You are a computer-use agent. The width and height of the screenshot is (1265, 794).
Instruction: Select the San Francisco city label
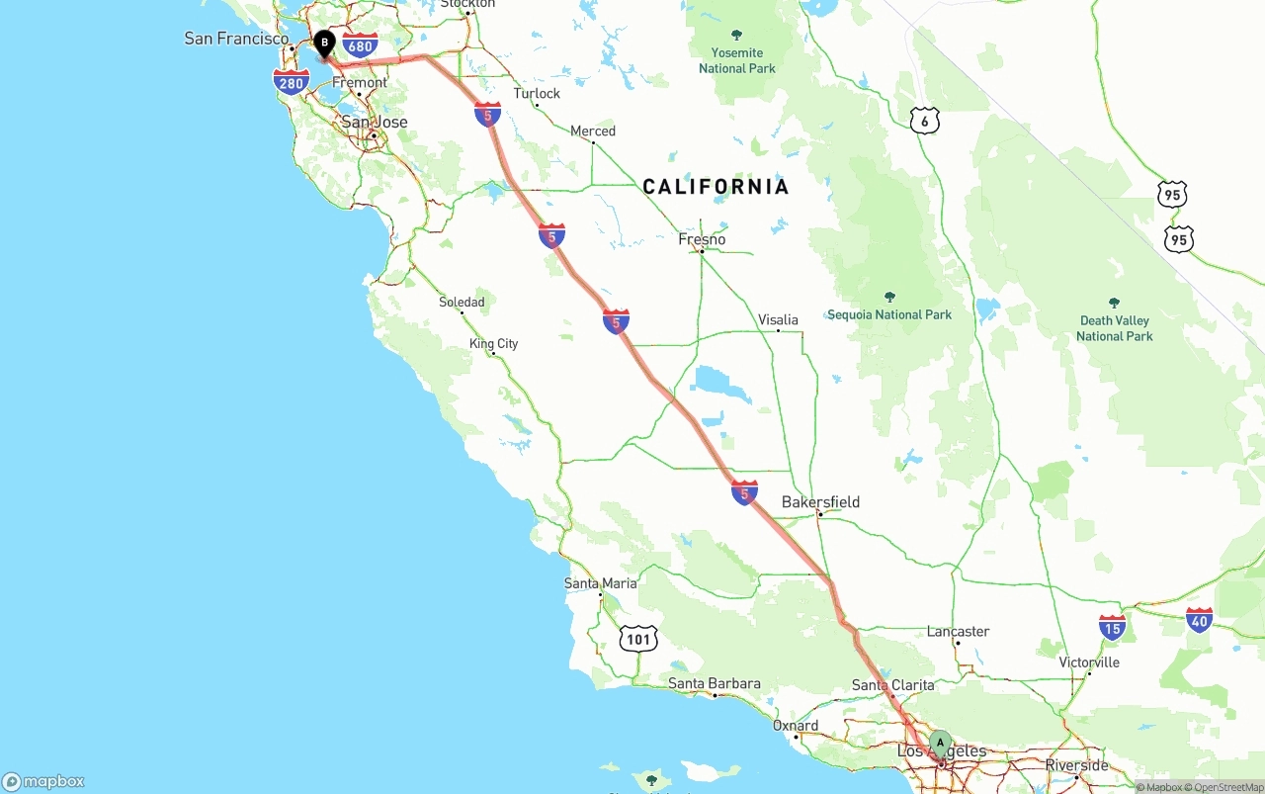[237, 39]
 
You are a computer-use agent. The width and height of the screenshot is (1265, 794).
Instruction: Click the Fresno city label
[702, 239]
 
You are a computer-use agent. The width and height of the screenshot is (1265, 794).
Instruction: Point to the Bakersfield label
[820, 502]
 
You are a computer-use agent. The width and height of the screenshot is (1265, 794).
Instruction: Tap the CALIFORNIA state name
[716, 187]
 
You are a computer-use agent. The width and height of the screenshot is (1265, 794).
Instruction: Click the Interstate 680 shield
[361, 45]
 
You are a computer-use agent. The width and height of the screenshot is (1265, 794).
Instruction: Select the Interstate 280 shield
[292, 83]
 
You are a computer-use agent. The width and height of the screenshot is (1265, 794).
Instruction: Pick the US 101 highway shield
[639, 639]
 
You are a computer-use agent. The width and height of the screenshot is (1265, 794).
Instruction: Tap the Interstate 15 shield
[1112, 627]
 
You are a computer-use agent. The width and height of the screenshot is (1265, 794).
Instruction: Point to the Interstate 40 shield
[1199, 620]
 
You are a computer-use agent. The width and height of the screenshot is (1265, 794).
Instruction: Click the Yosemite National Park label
[737, 60]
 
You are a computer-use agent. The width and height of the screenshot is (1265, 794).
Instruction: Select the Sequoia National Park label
[889, 314]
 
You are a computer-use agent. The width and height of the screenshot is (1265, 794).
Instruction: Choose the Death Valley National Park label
[1115, 327]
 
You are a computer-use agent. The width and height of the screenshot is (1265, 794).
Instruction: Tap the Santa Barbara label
[715, 683]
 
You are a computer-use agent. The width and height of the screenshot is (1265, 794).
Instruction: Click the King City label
[494, 344]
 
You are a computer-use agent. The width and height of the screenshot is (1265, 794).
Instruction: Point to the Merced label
[593, 131]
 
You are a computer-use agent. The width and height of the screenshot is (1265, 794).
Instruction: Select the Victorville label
[1089, 662]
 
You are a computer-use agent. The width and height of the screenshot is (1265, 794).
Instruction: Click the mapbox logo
[43, 781]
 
